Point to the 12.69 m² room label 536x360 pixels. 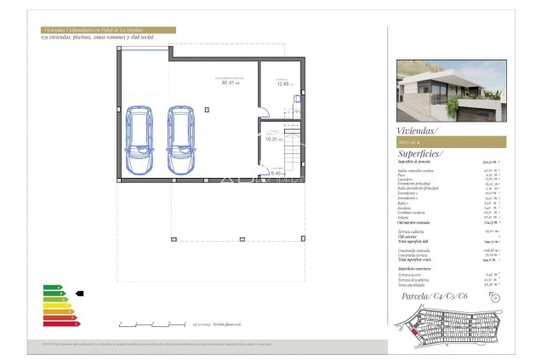pyautogui.click(x=282, y=83)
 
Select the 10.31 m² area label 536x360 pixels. pyautogui.click(x=271, y=138)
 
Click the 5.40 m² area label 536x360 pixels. pyautogui.click(x=275, y=173)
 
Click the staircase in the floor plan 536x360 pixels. pyautogui.click(x=292, y=152)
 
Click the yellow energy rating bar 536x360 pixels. pyautogui.click(x=56, y=306)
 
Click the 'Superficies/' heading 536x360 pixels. pyautogui.click(x=419, y=154)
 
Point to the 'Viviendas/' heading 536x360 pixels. pyautogui.click(x=417, y=131)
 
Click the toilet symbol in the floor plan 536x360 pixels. pyautogui.click(x=297, y=98)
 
